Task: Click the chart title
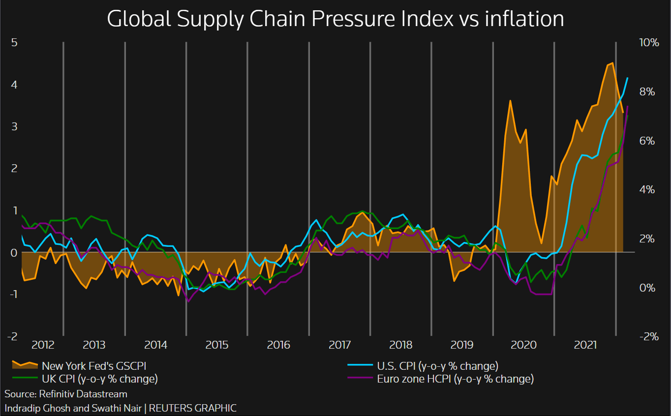(335, 19)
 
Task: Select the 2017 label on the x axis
(339, 344)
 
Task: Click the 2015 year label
(217, 344)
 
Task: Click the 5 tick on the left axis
(15, 43)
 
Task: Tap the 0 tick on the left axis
(15, 252)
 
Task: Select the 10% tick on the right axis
(648, 43)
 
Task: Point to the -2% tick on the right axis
(648, 336)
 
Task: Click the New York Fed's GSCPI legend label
(94, 366)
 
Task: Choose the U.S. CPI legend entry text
(437, 366)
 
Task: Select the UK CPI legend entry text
(100, 379)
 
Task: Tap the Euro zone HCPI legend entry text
(455, 379)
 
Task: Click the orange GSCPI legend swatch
(25, 365)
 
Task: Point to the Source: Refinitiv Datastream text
(66, 394)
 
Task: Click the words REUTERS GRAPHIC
(193, 408)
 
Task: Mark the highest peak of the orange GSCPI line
(611, 63)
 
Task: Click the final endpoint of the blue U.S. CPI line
(627, 78)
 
